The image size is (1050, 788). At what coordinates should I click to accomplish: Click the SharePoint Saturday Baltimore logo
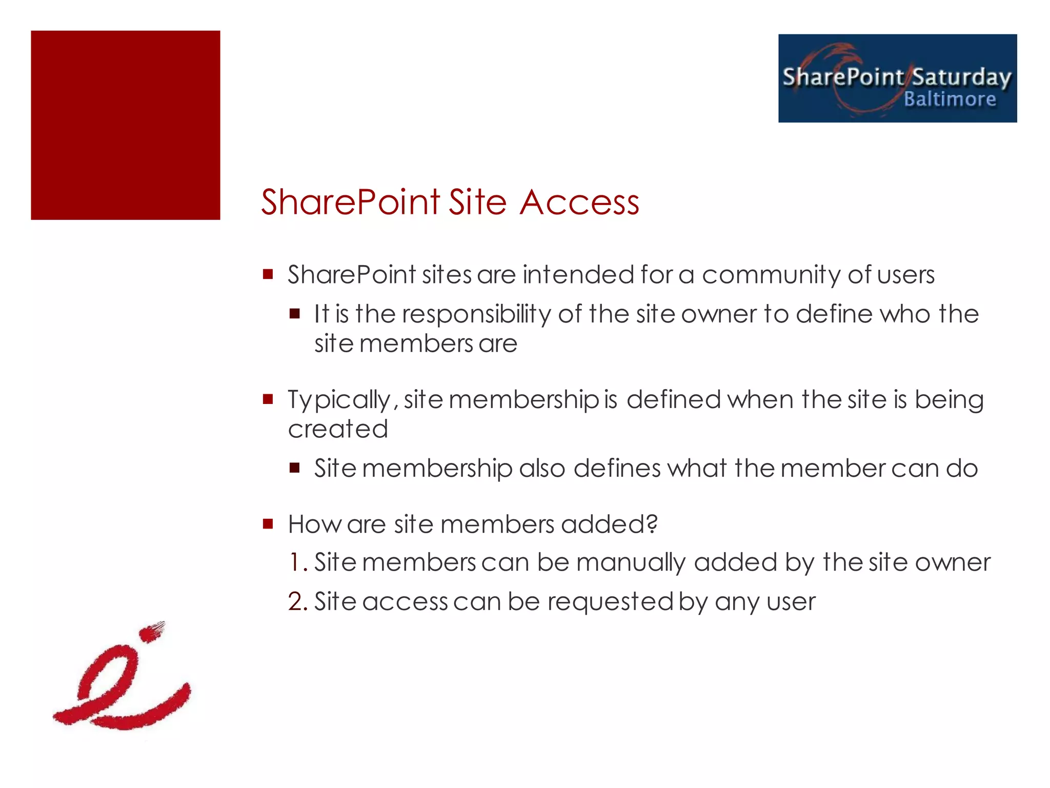[x=897, y=78]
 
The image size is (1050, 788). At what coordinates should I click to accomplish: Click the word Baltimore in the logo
[x=950, y=99]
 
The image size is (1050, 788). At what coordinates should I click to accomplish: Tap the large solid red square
[x=126, y=125]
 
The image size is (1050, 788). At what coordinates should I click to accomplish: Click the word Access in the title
[x=579, y=202]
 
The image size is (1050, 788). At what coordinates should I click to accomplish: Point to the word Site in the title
[x=478, y=202]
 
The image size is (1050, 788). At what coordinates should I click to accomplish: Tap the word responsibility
[x=476, y=314]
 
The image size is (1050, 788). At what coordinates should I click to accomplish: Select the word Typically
[x=340, y=400]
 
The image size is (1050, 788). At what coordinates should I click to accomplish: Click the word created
[x=338, y=429]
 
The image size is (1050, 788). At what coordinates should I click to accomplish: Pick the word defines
[x=617, y=469]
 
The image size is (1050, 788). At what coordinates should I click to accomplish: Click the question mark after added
[x=652, y=523]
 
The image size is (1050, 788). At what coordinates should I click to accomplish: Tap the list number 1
[x=297, y=562]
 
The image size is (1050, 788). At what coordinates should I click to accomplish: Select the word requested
[x=610, y=602]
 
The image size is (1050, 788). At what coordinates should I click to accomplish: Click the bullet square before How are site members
[x=268, y=523]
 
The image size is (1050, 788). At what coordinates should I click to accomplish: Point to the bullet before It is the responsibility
[x=294, y=313]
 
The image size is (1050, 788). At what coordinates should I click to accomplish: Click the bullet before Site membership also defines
[x=294, y=468]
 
